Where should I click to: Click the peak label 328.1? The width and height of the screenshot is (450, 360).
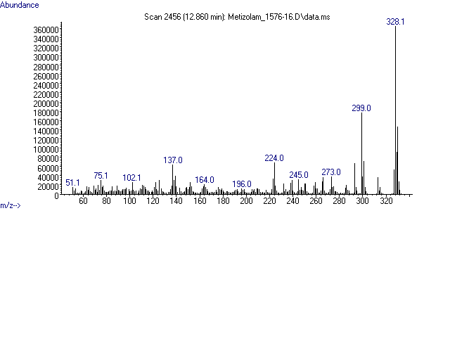point(395,22)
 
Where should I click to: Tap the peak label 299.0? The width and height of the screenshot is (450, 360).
point(361,108)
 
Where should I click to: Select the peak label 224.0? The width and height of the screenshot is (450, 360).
point(274,158)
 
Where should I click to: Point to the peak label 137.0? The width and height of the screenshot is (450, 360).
point(173,160)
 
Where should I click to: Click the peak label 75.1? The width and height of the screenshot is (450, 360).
point(101,176)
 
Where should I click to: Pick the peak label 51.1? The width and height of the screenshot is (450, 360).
point(73,183)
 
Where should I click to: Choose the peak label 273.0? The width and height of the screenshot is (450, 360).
point(331,172)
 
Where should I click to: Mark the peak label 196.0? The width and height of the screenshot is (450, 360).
point(242,184)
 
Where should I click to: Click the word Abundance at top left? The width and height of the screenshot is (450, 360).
point(20,5)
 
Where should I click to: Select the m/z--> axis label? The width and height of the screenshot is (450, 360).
point(11,206)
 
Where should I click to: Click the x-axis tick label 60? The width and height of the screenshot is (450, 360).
point(83,202)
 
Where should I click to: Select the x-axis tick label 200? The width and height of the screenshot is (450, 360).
point(246,202)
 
